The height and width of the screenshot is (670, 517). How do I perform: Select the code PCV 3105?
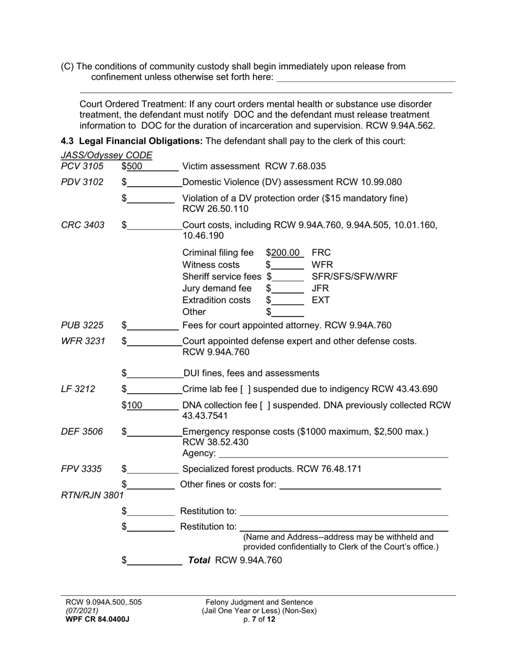82,166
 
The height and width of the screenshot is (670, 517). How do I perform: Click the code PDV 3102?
82,182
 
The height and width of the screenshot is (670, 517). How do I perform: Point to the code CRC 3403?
83,224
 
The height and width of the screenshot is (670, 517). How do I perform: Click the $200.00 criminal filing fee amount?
286,253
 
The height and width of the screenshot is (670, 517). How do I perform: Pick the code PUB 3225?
82,325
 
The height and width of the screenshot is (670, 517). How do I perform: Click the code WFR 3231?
83,341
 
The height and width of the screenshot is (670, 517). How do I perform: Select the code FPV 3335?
82,469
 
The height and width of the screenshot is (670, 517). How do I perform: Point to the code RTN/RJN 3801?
92,495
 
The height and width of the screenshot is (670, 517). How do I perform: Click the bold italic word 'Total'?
199,559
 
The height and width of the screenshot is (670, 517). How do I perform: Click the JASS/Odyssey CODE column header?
107,155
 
